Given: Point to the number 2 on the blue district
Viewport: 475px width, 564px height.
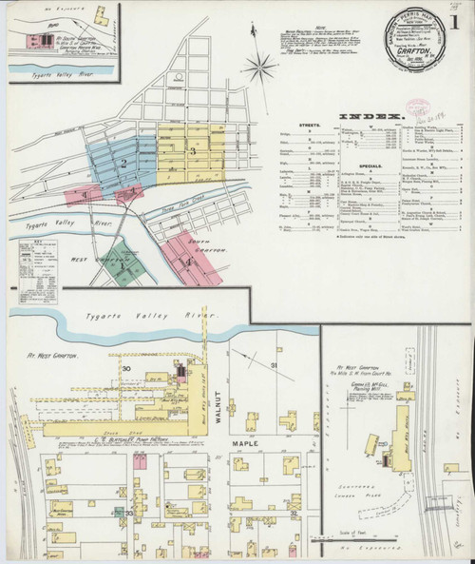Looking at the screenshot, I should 123,165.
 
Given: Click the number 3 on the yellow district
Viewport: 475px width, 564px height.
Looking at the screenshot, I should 193,150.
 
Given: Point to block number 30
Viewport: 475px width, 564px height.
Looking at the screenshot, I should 125,368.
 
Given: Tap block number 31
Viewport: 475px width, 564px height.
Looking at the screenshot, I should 275,367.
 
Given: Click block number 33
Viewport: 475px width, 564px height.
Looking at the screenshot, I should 128,513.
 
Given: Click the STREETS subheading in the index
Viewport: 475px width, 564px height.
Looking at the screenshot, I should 296,135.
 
